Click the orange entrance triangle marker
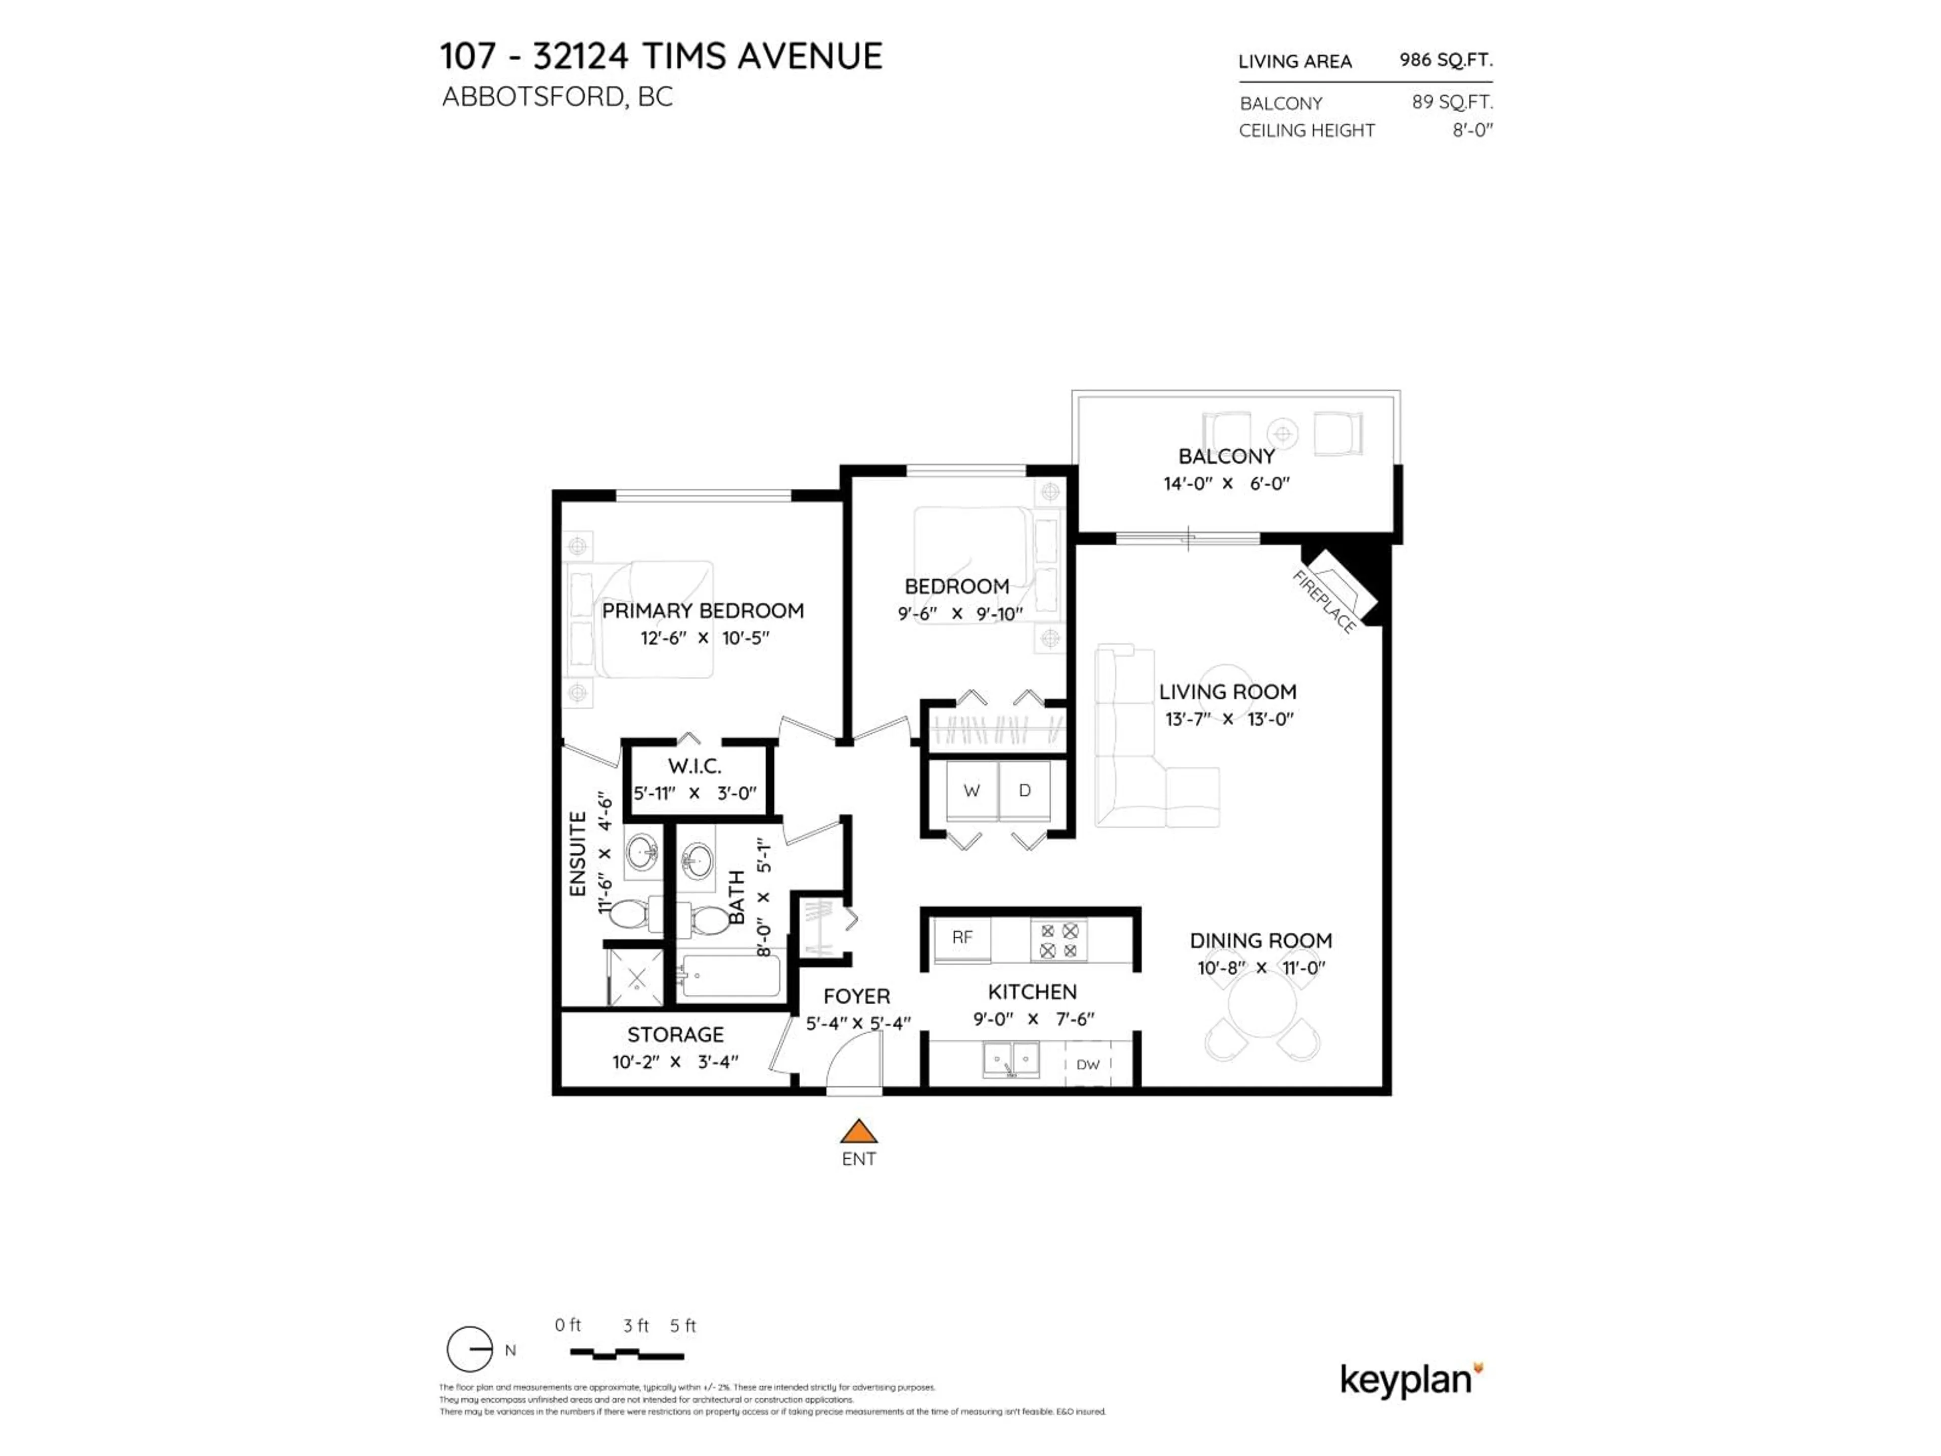pyautogui.click(x=858, y=1131)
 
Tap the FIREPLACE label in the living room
pyautogui.click(x=1324, y=601)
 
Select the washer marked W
pyautogui.click(x=972, y=790)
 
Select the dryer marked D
pyautogui.click(x=1024, y=790)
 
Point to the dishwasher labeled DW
pyautogui.click(x=1087, y=1065)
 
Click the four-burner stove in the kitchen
pyautogui.click(x=1058, y=940)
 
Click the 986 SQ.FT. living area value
pyautogui.click(x=1445, y=60)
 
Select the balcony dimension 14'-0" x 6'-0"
pyautogui.click(x=1226, y=484)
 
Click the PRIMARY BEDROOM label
pyautogui.click(x=702, y=611)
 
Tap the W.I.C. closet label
pyautogui.click(x=694, y=766)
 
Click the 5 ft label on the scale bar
pyautogui.click(x=683, y=1326)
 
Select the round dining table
pyautogui.click(x=1262, y=1006)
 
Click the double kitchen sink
pyautogui.click(x=1011, y=1059)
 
